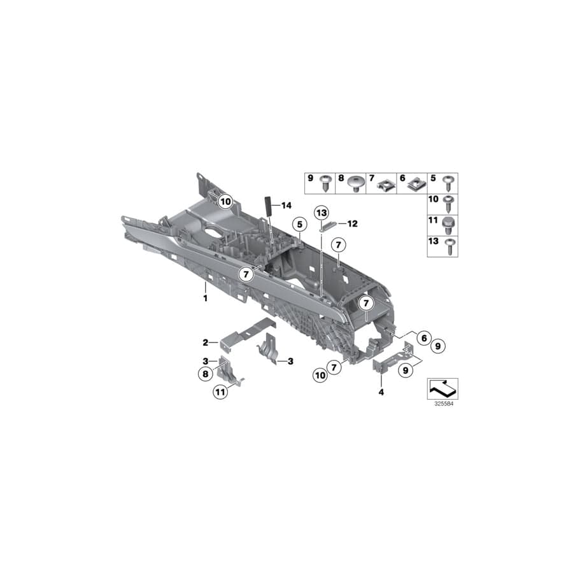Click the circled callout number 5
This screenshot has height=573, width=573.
tap(297, 223)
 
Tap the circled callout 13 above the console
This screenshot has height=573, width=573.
tap(322, 212)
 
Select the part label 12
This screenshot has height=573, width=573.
tap(353, 223)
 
